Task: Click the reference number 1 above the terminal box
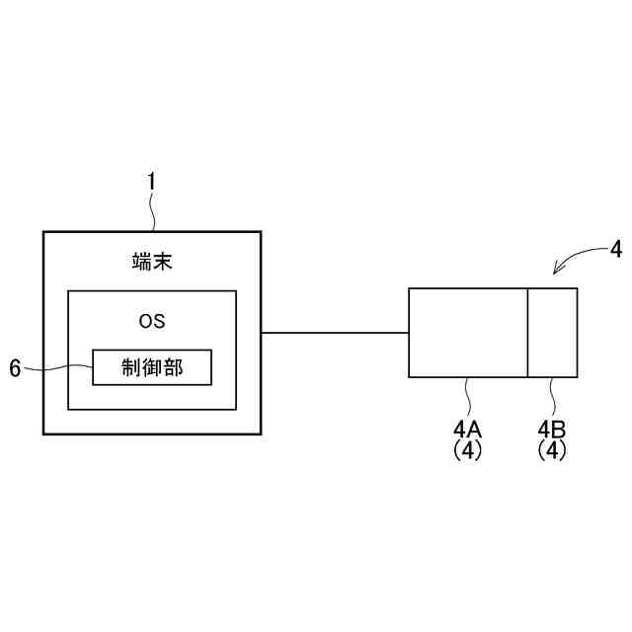tap(151, 182)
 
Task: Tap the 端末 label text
tap(152, 262)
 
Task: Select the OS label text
tap(152, 321)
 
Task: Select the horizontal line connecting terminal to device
tap(336, 333)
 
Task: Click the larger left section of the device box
tap(468, 333)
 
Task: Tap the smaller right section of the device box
tap(552, 333)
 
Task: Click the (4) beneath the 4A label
tap(467, 449)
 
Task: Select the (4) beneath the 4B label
tap(552, 449)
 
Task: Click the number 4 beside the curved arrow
tap(616, 248)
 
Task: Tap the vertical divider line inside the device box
tap(527, 333)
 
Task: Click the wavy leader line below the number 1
tap(152, 211)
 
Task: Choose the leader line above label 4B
tap(552, 397)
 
